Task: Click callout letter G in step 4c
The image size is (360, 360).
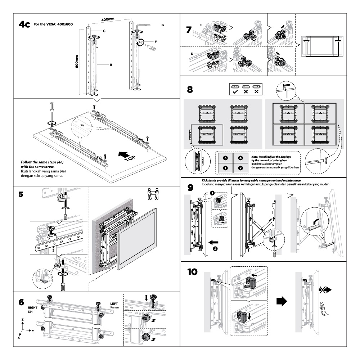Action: click(163, 25)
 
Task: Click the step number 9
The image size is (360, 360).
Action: click(192, 188)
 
